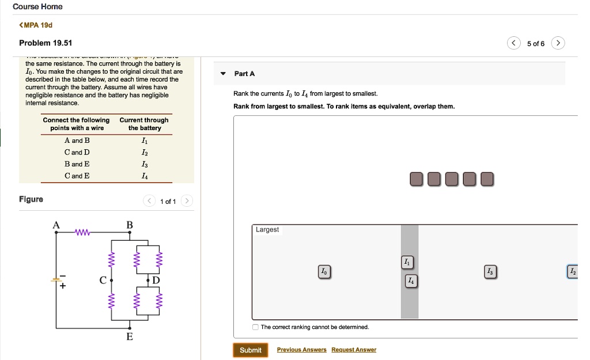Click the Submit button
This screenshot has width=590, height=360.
[x=250, y=350]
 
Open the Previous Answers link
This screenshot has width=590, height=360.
[x=301, y=350]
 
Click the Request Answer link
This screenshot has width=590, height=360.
[x=354, y=350]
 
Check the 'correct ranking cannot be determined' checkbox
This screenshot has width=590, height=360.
[x=256, y=327]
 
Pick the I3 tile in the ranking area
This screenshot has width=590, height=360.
[x=490, y=271]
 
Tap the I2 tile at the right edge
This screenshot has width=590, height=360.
[x=572, y=271]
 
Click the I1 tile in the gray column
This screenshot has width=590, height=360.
[x=407, y=262]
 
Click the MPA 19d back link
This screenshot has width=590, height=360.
[x=36, y=25]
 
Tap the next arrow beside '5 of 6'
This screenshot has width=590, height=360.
[x=558, y=44]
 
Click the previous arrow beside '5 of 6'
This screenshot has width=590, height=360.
[x=514, y=44]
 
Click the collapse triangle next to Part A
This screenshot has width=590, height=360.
[x=224, y=74]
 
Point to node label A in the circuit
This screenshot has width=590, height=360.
[x=56, y=225]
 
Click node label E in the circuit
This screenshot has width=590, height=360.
[x=130, y=336]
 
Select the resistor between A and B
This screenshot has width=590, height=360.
[x=83, y=233]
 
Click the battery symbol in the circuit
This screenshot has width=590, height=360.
[x=56, y=280]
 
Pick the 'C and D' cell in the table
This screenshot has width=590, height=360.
[x=77, y=152]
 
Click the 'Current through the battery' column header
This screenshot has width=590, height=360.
[x=144, y=124]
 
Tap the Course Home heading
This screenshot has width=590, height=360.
[x=37, y=6]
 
